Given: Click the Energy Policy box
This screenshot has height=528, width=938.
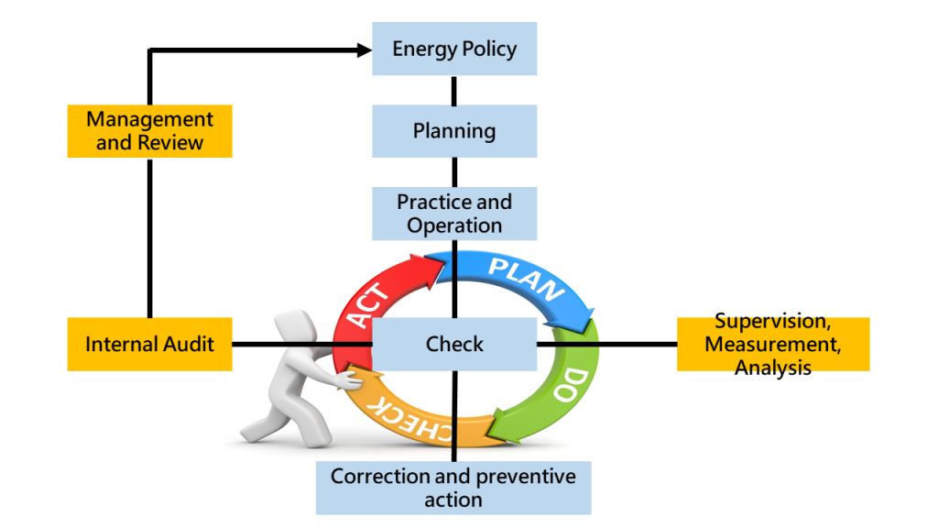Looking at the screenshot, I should pos(453,49).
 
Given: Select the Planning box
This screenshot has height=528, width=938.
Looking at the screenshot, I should pos(453,131).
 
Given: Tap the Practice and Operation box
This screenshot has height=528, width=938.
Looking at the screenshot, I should pos(453,213).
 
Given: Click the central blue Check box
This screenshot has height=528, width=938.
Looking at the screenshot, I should pos(453,345).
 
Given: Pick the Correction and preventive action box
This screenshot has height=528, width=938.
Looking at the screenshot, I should pos(453,488).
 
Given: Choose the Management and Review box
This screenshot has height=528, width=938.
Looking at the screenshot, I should pos(149,131).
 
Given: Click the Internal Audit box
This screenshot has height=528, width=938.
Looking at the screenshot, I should pos(149,345).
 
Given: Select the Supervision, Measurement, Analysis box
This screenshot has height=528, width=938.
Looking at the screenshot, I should pos(772,345).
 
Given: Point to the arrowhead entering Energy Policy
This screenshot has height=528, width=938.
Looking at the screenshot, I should pos(365,49).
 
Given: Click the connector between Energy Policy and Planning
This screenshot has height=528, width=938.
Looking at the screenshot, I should pos(453,90).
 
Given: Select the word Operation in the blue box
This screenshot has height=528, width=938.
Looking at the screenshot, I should pos(453,225).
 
